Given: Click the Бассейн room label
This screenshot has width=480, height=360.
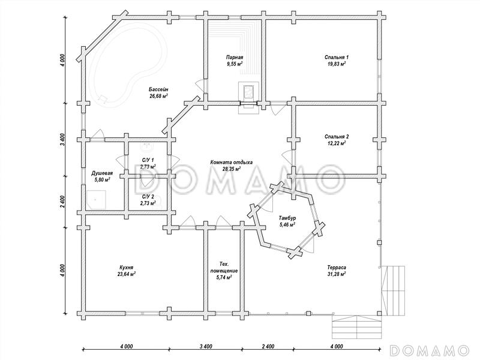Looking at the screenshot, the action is point(158,89).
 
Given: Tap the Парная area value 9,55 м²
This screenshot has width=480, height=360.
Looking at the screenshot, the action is point(235,64).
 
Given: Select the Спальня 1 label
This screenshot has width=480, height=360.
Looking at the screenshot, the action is point(337,57).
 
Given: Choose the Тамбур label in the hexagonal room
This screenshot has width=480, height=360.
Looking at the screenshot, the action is point(287,218).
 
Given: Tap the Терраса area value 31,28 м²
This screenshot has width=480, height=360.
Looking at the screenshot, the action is point(337,274).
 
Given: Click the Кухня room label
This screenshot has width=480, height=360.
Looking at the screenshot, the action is point(127,268).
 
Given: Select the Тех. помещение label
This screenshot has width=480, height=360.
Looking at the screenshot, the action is point(224,268).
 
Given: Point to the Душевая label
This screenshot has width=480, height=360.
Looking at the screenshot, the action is point(100,173).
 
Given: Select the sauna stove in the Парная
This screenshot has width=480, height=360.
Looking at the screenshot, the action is point(248,92).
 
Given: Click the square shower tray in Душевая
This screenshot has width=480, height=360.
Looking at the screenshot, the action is point(96,200).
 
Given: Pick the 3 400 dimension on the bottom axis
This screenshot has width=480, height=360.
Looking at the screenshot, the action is point(205,347).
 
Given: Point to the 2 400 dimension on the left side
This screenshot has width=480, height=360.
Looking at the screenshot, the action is point(62,202).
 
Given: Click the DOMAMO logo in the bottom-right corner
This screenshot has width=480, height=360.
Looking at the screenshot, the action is point(430,350).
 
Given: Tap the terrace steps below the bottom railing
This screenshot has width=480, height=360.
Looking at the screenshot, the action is point(357,327).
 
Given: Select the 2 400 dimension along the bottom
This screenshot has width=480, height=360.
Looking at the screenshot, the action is point(268,347).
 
